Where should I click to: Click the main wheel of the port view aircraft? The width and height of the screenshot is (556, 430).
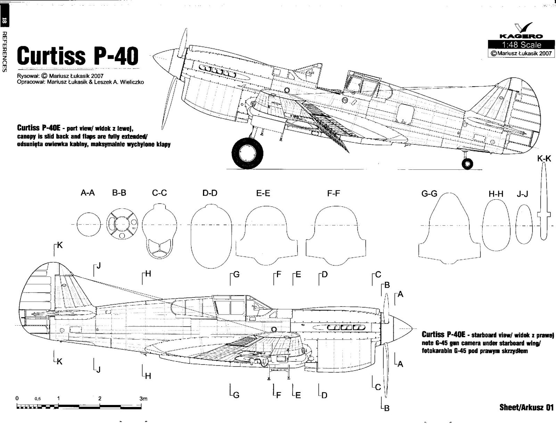pos(247,153)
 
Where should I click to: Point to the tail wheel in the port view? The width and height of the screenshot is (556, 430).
pos(467,163)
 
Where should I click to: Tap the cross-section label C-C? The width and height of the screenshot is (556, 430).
pos(160,193)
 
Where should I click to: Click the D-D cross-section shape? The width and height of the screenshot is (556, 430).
pos(211,237)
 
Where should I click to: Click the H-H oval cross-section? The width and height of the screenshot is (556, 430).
pos(496,226)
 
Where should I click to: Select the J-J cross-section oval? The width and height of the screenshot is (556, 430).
pos(524,224)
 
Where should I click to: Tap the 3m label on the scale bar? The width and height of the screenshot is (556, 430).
pos(143,399)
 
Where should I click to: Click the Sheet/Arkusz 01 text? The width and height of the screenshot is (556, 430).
pos(526,407)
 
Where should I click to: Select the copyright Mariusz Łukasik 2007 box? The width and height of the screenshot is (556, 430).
pos(520,53)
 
